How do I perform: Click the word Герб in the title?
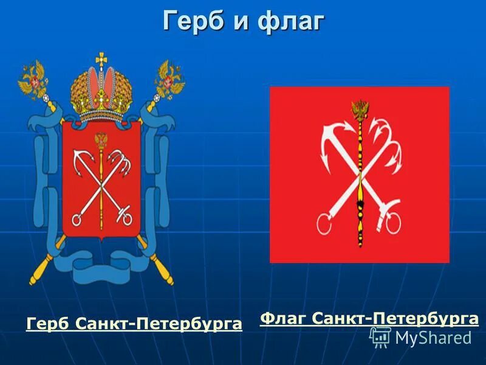[193, 21]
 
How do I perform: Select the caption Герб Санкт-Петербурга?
[134, 324]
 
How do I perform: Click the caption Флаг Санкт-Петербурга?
[369, 318]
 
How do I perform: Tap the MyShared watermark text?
[433, 338]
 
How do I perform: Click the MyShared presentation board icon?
[380, 337]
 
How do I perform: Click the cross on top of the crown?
[101, 58]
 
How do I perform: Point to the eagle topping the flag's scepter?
[360, 110]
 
